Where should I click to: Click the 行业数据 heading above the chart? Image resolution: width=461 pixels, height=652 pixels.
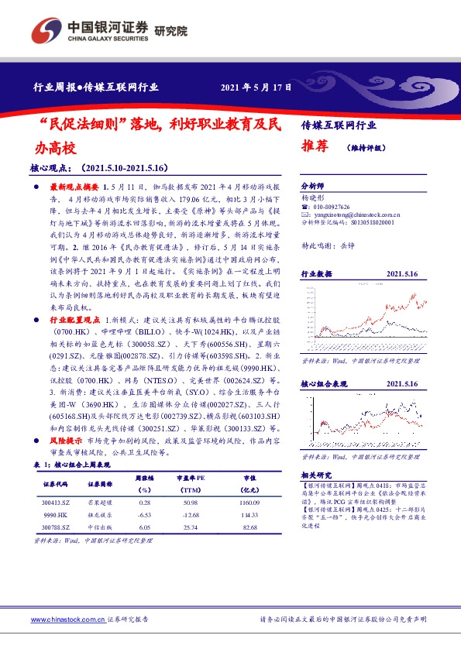coord(316,273)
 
